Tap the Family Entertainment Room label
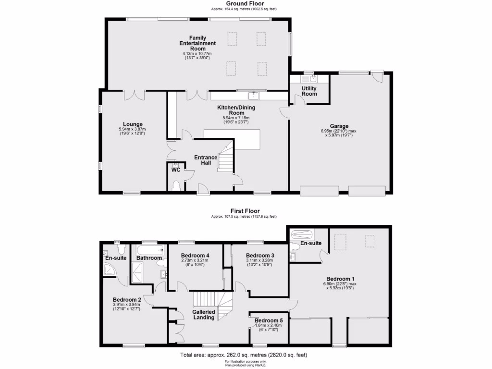(197, 43)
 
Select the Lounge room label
(132, 124)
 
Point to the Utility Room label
(309, 91)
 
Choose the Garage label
(339, 126)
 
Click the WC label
(176, 170)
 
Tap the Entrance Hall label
(206, 160)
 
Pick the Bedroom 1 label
(340, 279)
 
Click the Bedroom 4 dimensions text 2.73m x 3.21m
(195, 260)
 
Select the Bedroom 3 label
(260, 255)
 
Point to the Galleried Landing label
(203, 314)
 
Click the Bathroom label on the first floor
(149, 258)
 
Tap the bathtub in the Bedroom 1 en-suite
(301, 235)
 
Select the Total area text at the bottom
(244, 355)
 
